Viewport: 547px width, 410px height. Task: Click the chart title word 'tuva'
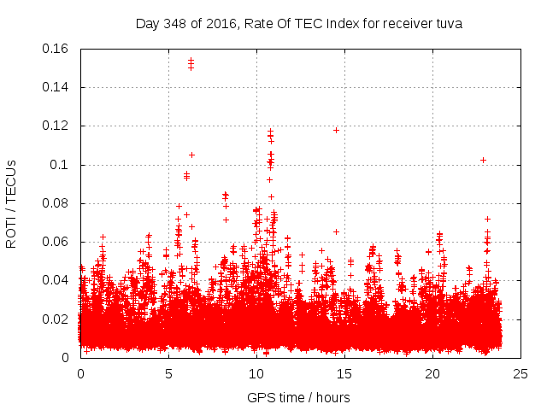448,24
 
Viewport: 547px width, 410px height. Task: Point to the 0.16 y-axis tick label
57,49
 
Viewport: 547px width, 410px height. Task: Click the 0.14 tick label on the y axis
57,87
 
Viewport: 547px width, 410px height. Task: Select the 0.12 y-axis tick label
57,126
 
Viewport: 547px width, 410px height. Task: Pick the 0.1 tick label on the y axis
61,165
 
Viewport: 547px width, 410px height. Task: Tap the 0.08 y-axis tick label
57,203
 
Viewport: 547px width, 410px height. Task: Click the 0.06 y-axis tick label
57,242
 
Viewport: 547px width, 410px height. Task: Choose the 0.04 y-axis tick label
57,280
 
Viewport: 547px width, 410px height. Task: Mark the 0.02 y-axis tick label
57,319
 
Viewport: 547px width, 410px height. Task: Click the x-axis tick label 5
168,374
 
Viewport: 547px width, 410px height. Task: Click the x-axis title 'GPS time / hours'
299,397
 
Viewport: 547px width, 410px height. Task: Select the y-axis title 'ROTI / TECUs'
11,203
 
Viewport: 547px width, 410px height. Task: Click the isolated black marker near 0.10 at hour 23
483,160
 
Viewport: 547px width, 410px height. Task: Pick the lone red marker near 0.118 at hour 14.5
336,130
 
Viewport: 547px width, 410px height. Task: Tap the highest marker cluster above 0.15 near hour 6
191,63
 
